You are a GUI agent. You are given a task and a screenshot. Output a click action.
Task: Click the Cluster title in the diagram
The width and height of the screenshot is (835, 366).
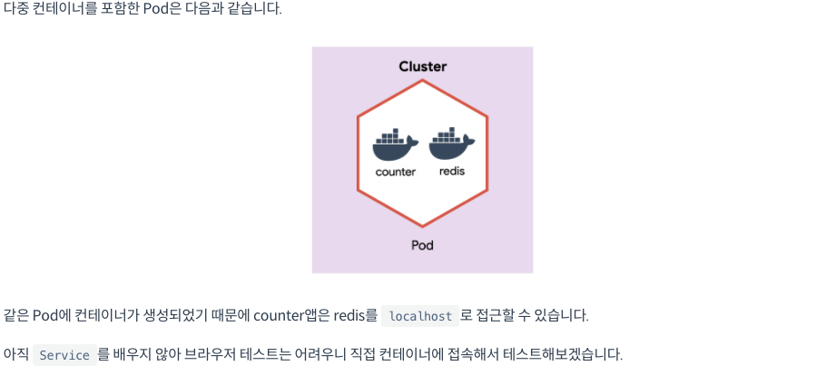coord(422,66)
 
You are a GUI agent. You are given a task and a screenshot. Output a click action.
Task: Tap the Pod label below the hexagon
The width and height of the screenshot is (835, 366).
coord(422,245)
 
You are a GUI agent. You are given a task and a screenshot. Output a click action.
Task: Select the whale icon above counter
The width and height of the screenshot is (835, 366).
coord(395,145)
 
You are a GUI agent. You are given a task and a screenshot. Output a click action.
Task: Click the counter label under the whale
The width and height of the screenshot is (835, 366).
coord(395,172)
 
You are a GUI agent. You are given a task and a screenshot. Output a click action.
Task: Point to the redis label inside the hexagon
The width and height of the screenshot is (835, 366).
coord(451,171)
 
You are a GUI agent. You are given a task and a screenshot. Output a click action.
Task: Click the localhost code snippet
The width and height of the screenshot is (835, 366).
coord(419,316)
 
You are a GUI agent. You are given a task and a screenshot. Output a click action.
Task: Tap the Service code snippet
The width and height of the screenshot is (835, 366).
coord(64,355)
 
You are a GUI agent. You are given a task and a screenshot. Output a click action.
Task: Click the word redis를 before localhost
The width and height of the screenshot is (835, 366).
coord(357,316)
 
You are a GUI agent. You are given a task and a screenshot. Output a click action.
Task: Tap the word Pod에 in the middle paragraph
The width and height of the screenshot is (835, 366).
coord(52,316)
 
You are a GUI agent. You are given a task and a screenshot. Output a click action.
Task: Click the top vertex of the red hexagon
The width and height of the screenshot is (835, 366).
coord(422,80)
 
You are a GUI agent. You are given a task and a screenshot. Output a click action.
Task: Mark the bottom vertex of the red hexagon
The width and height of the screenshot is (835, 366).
coord(422,227)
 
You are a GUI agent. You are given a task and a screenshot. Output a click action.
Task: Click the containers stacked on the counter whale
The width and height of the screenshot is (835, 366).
coord(391,137)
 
